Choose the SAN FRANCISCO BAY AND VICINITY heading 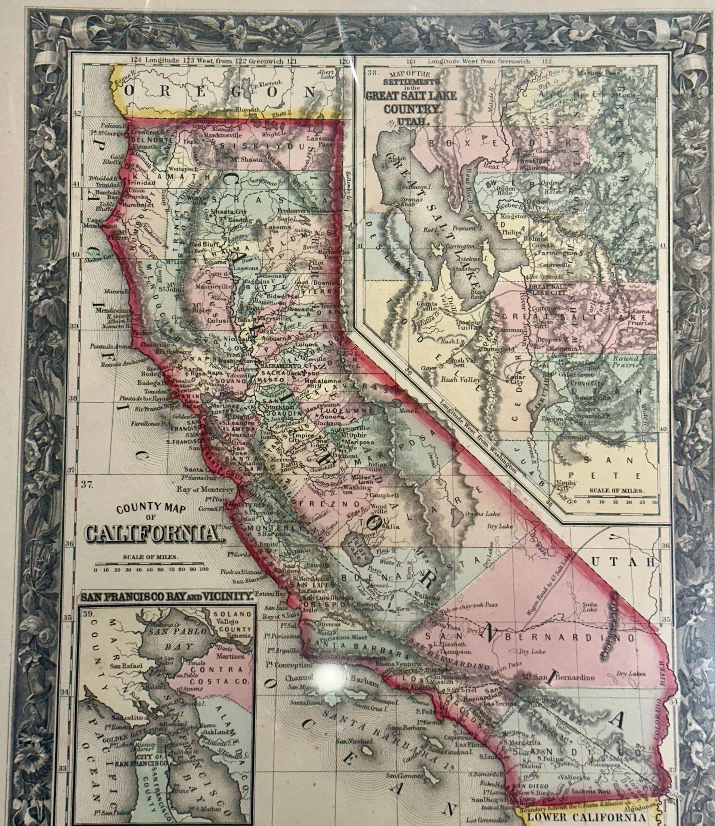(167, 596)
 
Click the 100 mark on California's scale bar (204, 570)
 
